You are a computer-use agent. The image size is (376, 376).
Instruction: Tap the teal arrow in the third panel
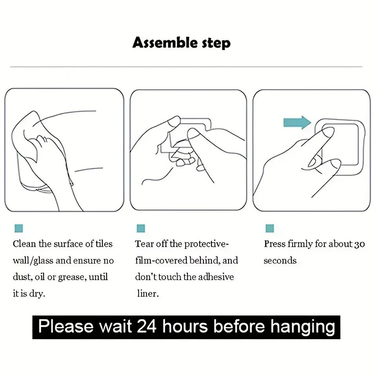[296, 123]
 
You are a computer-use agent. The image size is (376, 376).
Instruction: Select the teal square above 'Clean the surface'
[18, 228]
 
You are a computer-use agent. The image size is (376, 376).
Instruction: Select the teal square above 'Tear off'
[141, 228]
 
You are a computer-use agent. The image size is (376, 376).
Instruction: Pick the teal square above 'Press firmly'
[269, 228]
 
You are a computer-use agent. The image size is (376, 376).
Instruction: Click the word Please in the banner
[66, 326]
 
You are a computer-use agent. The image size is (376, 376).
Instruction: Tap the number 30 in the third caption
[359, 244]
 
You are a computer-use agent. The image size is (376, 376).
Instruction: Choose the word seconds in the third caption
[280, 260]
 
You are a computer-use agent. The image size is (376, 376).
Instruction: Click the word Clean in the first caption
[24, 244]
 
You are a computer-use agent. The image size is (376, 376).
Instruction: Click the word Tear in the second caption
[144, 244]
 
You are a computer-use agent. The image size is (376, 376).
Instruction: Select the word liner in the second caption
[148, 293]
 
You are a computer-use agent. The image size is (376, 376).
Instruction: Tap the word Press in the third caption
[275, 244]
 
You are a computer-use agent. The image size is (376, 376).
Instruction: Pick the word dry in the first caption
[38, 294]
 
